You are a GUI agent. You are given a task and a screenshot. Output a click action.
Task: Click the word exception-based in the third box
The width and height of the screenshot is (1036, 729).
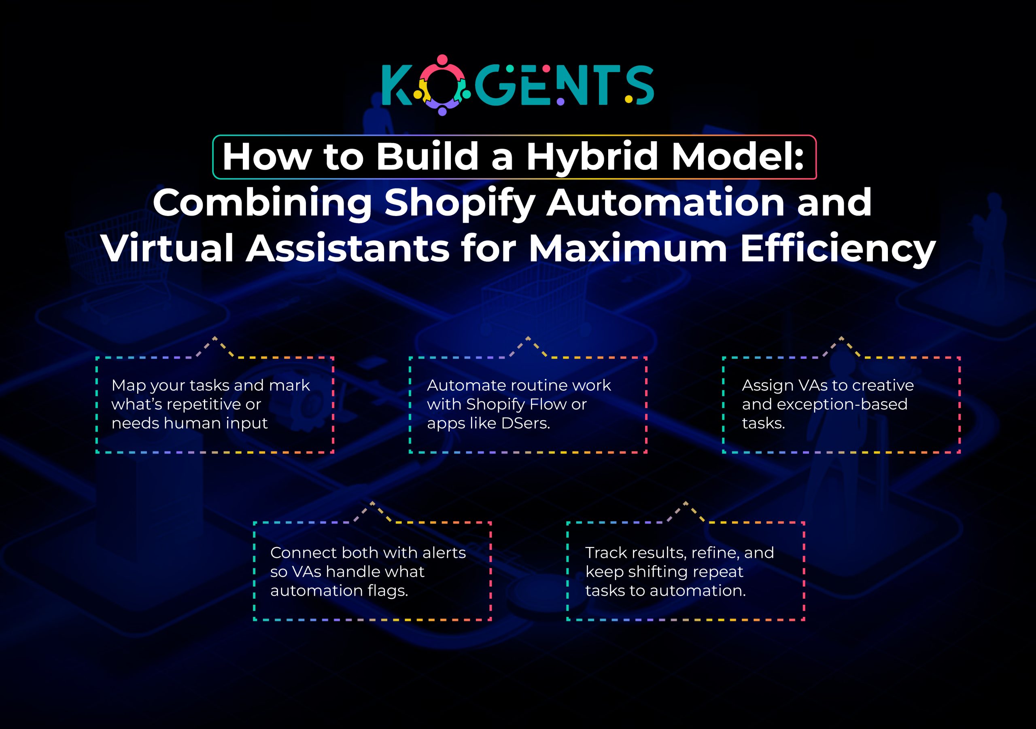pos(842,405)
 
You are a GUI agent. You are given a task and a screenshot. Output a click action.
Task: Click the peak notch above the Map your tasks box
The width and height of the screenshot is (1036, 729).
pos(214,337)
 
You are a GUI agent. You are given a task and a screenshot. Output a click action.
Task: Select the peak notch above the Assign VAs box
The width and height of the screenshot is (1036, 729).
pos(841,337)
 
